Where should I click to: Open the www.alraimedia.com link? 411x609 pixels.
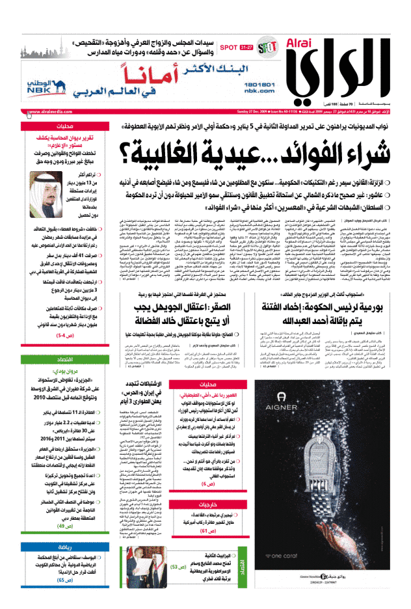point(51,112)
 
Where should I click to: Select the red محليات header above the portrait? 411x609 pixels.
point(64,127)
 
